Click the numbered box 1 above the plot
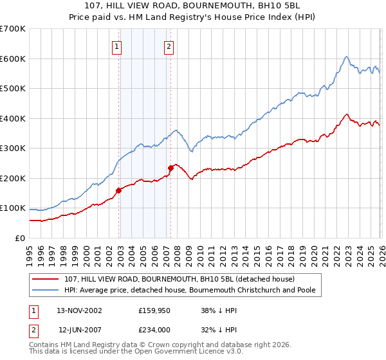[116, 46]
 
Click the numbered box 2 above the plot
[169, 46]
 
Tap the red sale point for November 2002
[119, 190]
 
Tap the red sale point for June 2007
[171, 168]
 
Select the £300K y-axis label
[13, 148]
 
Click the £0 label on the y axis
[21, 239]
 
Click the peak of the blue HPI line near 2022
[346, 57]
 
